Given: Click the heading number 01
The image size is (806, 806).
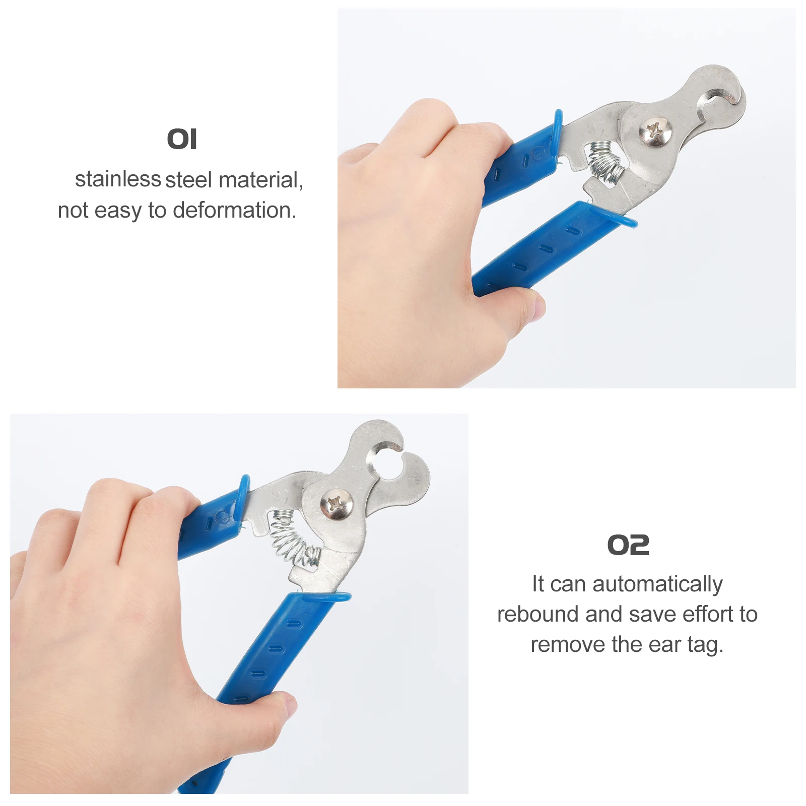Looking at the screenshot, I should tap(182, 139).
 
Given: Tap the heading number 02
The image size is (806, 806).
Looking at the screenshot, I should tap(628, 545).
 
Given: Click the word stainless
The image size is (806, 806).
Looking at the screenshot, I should tap(118, 179).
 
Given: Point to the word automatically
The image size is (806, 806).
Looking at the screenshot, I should tap(657, 584).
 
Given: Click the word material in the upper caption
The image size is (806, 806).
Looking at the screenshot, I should tap(260, 180).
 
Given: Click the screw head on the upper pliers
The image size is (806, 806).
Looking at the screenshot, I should tap(655, 132).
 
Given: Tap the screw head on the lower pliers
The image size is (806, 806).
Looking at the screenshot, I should tap(336, 503).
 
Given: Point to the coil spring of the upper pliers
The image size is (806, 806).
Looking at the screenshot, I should tap(607, 162).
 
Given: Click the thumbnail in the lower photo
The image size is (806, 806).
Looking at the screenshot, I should tap(290, 705).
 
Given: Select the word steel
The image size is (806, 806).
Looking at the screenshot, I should tap(189, 180).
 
